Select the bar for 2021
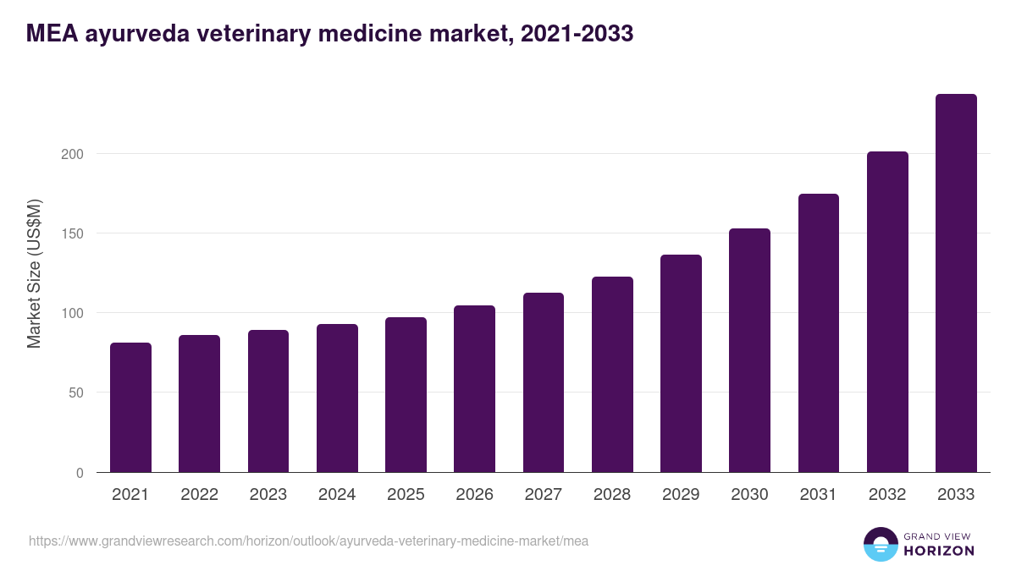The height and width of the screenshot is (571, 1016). pyautogui.click(x=130, y=408)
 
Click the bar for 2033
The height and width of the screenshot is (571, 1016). pyautogui.click(x=956, y=283)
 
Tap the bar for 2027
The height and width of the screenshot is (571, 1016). pyautogui.click(x=544, y=382)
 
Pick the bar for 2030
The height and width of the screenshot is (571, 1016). pyautogui.click(x=749, y=350)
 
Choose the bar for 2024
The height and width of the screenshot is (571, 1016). pyautogui.click(x=337, y=398)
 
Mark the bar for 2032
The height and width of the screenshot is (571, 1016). pyautogui.click(x=887, y=312)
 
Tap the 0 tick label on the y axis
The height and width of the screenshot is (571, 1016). pyautogui.click(x=80, y=473)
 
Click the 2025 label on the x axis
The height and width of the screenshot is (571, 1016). pyautogui.click(x=406, y=495)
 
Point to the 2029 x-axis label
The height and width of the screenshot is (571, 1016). pyautogui.click(x=681, y=495)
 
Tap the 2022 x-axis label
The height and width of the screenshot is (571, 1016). pyautogui.click(x=199, y=495)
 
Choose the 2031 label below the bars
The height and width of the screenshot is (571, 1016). pyautogui.click(x=819, y=495)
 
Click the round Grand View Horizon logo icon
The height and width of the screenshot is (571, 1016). pyautogui.click(x=880, y=544)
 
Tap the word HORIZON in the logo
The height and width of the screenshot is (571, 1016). pyautogui.click(x=940, y=551)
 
